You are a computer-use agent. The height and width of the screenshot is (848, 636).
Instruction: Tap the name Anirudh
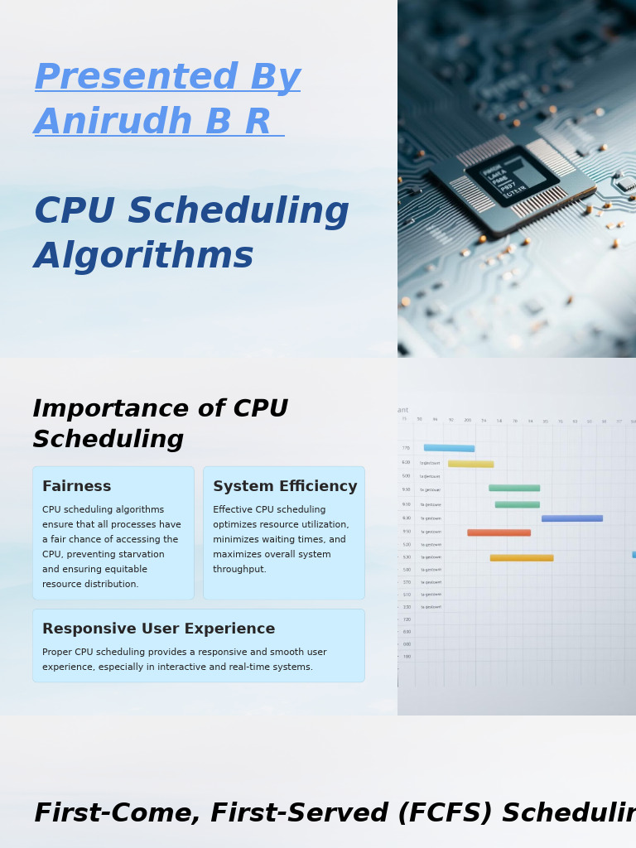(x=114, y=123)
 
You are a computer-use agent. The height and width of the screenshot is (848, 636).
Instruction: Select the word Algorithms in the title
(x=143, y=257)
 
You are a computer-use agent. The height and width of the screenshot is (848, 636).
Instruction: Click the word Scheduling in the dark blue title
(x=238, y=212)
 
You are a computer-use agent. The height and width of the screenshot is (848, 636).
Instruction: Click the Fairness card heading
(x=76, y=487)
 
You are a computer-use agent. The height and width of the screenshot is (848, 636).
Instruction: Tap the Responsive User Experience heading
(x=158, y=629)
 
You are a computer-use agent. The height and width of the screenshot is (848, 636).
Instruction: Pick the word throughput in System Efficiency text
(x=238, y=570)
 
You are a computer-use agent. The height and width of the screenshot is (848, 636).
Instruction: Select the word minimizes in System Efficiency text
(x=237, y=540)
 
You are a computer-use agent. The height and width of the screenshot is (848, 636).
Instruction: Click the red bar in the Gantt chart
(x=499, y=532)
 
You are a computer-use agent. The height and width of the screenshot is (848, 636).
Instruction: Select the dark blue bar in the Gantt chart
(x=571, y=518)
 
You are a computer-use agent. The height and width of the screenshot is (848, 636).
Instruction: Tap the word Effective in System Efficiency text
(x=234, y=510)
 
